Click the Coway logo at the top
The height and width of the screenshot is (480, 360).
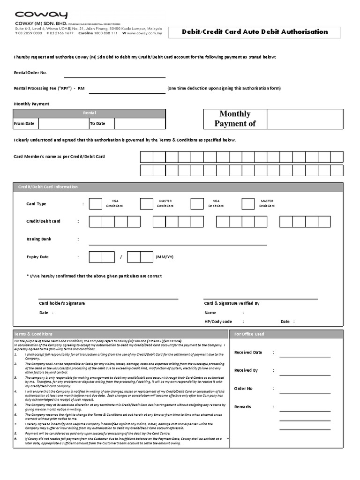[41, 15]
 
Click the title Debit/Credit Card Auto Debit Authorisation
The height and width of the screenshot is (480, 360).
[255, 32]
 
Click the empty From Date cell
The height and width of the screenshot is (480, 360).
[63, 124]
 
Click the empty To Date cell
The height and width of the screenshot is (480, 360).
[140, 124]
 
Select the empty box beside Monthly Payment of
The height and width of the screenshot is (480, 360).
[305, 119]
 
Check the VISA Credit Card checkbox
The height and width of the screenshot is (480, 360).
[95, 203]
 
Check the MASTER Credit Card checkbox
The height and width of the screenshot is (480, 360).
[146, 203]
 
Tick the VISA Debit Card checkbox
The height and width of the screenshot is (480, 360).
[197, 203]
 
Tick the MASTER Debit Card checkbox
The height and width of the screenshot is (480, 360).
[248, 203]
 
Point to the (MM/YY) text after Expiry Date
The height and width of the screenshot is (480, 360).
[165, 257]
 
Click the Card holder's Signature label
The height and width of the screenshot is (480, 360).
[62, 303]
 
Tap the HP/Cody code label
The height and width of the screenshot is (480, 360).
[218, 322]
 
